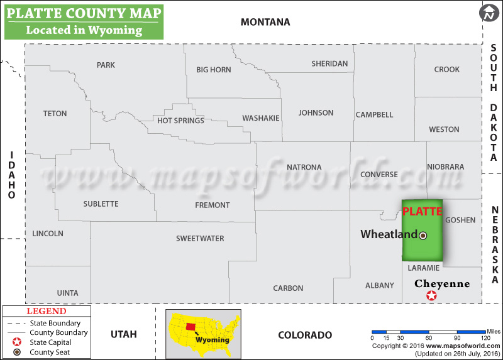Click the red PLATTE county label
click(422, 211)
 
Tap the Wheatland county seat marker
click(423, 236)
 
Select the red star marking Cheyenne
click(431, 296)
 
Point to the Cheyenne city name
click(441, 284)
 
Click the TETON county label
click(55, 114)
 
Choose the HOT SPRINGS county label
click(180, 121)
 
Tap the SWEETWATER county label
click(200, 239)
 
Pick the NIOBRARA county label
click(445, 167)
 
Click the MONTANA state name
click(265, 22)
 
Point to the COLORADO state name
click(305, 335)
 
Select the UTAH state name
click(123, 334)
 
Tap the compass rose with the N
click(489, 13)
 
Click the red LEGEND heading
click(46, 311)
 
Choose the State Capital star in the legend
click(14, 342)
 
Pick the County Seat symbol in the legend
click(14, 352)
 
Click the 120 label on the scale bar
click(485, 338)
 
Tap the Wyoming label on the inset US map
click(211, 340)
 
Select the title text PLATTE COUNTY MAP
click(83, 13)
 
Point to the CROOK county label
click(446, 70)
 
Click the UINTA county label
click(67, 293)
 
